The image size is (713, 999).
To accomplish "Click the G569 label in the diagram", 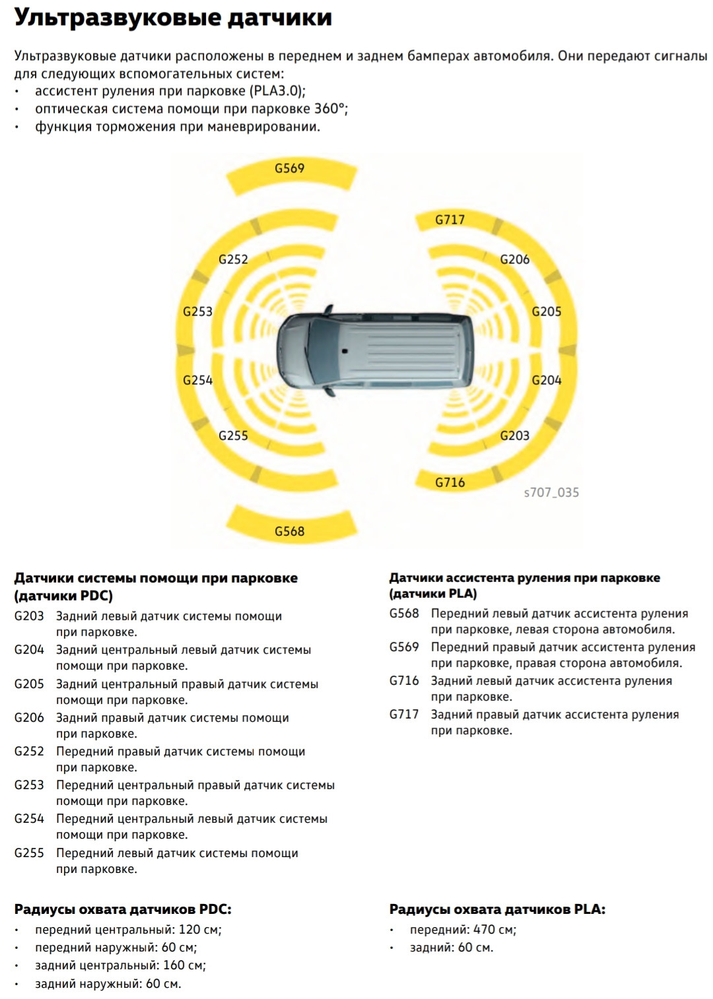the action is (290, 168).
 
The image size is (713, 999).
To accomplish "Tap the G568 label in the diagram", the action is (290, 531).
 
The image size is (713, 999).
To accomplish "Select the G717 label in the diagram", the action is (450, 220).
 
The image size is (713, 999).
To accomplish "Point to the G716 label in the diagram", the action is (450, 482).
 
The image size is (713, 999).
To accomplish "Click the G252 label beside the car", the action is (233, 259).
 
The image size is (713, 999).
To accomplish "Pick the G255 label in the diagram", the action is (233, 435).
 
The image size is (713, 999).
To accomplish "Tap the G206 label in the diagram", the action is (515, 259).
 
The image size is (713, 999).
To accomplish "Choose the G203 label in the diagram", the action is (515, 435).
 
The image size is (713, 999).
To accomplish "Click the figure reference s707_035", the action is (551, 492).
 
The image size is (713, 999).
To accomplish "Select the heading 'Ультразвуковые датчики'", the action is (173, 18).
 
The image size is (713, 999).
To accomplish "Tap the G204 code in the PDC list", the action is (29, 650).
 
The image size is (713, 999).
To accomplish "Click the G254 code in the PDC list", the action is (29, 819).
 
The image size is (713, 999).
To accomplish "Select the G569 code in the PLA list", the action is (404, 647).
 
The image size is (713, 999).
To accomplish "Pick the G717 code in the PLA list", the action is (404, 715).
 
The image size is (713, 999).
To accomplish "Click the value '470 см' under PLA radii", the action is (494, 930).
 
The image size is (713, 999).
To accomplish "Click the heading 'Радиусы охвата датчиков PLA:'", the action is (497, 909).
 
